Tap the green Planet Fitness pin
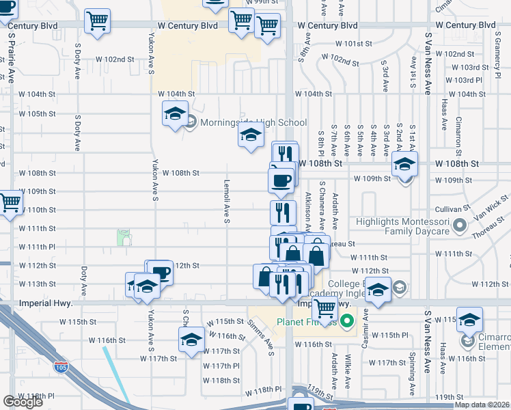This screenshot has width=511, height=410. click(x=347, y=320)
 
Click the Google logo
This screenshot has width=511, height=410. click(x=23, y=402)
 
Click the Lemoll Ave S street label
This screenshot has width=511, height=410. click(x=226, y=201)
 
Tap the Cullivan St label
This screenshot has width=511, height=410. click(x=454, y=209)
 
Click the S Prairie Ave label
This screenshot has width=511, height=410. click(x=12, y=61)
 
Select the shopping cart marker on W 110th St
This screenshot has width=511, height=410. click(x=10, y=203)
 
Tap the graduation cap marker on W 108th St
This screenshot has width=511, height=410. click(x=404, y=165)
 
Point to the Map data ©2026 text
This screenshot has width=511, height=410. click(x=482, y=405)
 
